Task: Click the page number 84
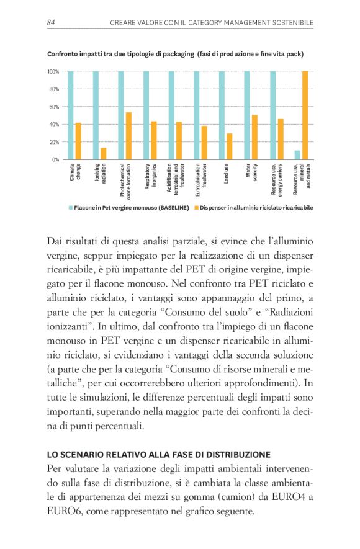(x=52, y=23)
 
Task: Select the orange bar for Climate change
(x=78, y=141)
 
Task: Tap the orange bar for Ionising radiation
(x=103, y=153)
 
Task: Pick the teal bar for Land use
(x=222, y=115)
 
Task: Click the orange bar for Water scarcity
(x=254, y=137)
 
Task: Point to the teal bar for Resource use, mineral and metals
(x=297, y=155)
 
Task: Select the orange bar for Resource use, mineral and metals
(x=305, y=115)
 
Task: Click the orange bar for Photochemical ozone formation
(x=128, y=136)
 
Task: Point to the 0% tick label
(x=55, y=159)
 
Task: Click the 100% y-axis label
(x=53, y=72)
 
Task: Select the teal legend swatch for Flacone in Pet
(x=70, y=207)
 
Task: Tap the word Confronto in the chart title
(x=63, y=54)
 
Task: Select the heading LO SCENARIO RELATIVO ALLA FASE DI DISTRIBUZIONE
(x=159, y=454)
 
